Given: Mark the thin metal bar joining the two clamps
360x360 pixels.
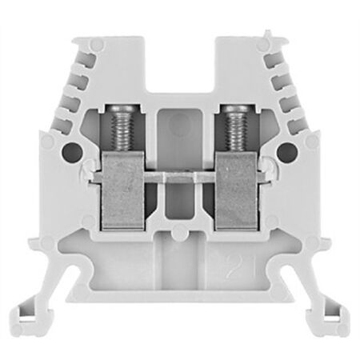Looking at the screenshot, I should [179, 171].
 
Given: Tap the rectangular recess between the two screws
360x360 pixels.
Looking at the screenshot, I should [179, 132].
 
